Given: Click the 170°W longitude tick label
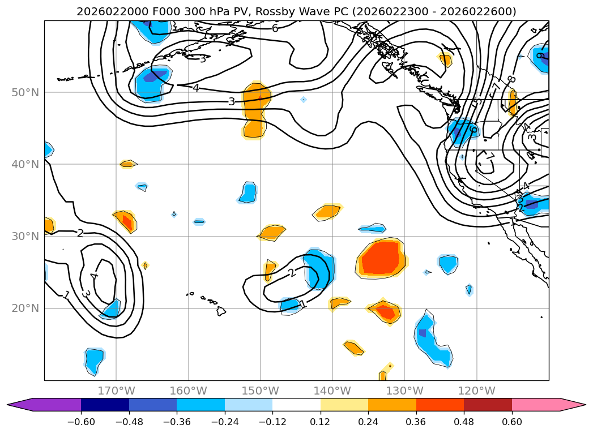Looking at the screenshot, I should click(116, 391).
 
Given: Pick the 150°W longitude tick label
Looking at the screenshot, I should click(261, 391).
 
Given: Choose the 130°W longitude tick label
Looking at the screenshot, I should click(404, 391).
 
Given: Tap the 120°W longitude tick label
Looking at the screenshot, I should click(476, 391).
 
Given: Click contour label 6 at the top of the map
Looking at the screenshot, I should click(275, 28).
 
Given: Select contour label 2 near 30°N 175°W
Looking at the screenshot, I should click(80, 233).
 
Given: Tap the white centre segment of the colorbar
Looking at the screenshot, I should click(296, 404).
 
